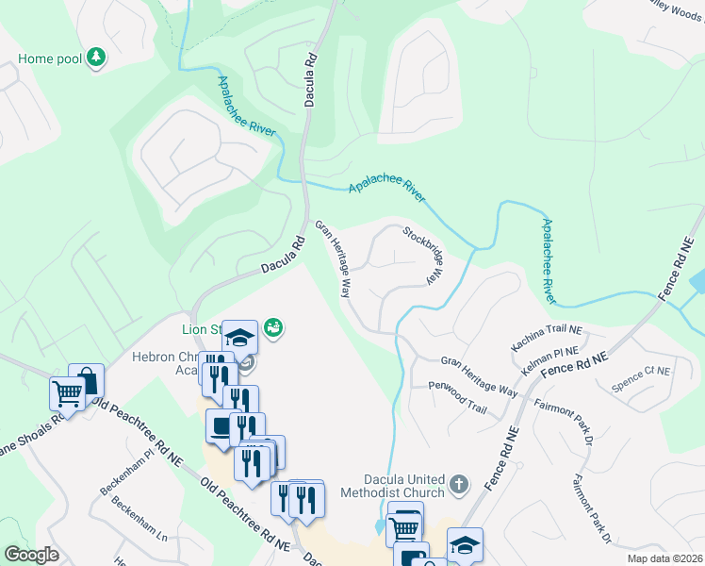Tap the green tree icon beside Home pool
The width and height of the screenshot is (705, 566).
pos(95,58)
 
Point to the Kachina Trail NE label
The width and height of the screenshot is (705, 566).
pos(548,335)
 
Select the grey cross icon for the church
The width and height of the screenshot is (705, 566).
pos(459,485)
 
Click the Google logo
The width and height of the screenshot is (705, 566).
pos(32,555)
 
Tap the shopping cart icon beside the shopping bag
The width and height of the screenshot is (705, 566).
pos(67,392)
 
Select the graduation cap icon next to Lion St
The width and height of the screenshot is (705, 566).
pos(239,337)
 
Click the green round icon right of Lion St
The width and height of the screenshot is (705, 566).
pos(274,327)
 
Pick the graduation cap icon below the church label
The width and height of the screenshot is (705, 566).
pos(465,544)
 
